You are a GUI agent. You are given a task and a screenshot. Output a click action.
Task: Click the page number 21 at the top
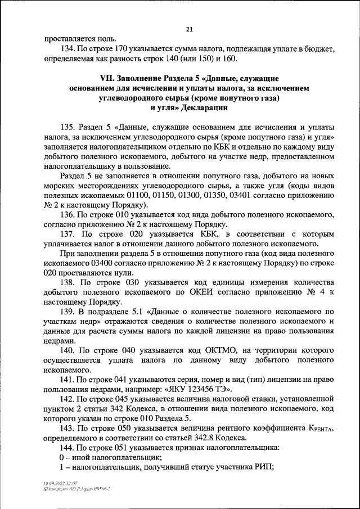tap(189, 29)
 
